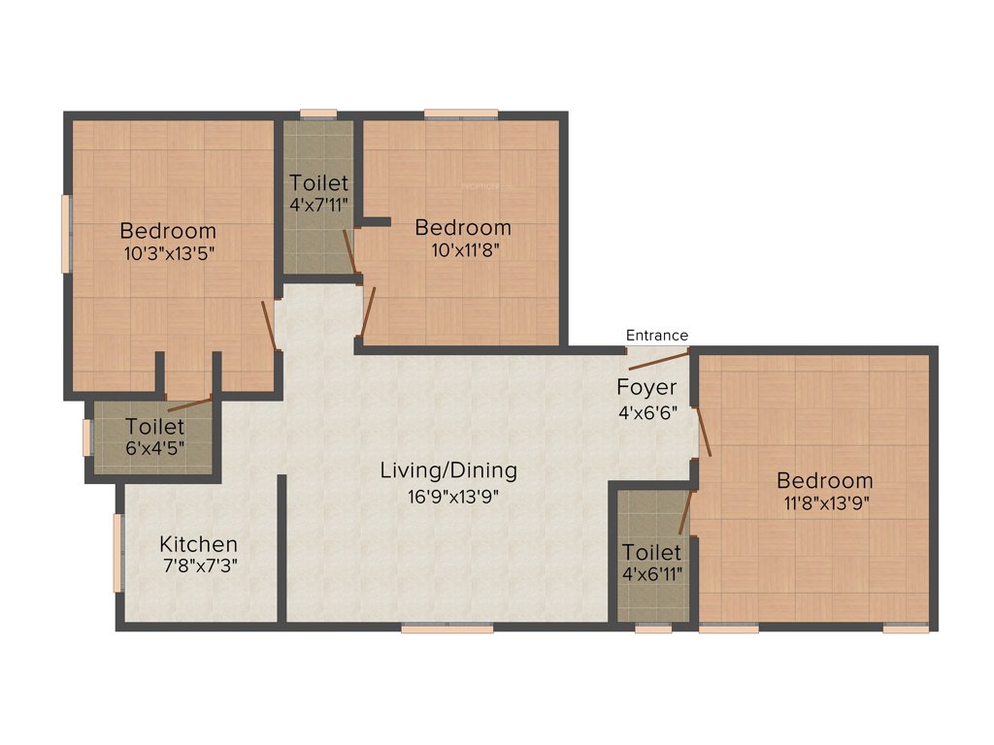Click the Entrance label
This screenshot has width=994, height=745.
pyautogui.click(x=656, y=336)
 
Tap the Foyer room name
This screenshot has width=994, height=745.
pyautogui.click(x=646, y=388)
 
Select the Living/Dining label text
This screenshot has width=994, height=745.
pyautogui.click(x=448, y=471)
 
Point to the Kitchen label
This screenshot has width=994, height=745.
pyautogui.click(x=198, y=544)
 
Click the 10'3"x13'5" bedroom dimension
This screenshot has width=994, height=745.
pyautogui.click(x=168, y=254)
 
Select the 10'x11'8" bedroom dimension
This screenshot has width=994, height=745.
pyautogui.click(x=463, y=250)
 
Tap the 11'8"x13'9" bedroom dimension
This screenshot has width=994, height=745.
pyautogui.click(x=824, y=503)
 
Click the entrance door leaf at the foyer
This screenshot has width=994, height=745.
pyautogui.click(x=659, y=362)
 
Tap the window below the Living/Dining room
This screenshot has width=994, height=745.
pyautogui.click(x=447, y=628)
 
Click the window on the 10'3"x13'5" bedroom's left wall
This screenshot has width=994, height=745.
pyautogui.click(x=66, y=234)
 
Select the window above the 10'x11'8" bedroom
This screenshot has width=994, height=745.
pyautogui.click(x=461, y=114)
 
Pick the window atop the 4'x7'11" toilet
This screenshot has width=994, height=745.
pyautogui.click(x=318, y=114)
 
